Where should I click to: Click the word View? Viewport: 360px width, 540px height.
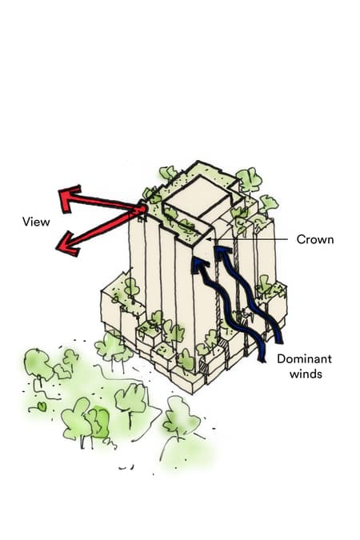[x=36, y=222]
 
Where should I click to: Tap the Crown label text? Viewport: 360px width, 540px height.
[x=315, y=239]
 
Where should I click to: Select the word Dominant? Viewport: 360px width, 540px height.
[x=304, y=359]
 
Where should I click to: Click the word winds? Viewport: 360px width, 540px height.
[x=306, y=374]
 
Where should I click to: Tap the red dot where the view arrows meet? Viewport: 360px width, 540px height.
[x=142, y=209]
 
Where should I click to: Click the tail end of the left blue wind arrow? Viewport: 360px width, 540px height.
[x=262, y=360]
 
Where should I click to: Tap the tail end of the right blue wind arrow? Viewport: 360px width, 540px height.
[x=279, y=341]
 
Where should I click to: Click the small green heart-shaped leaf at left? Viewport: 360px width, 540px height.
[x=42, y=406]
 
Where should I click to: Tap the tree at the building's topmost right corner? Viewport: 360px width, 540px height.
[x=249, y=180]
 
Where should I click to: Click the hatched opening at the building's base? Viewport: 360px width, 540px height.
[x=203, y=367]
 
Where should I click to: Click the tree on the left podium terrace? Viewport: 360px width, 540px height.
[x=131, y=287]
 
